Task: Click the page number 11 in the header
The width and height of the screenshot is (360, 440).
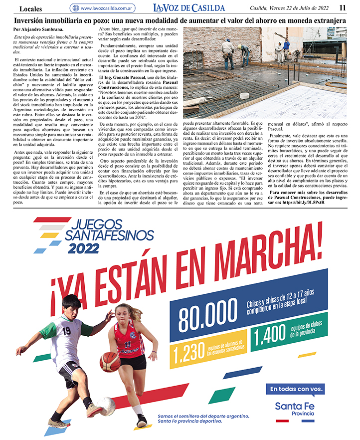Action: tap(343, 7)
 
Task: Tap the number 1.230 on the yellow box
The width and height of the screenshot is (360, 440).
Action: tap(187, 353)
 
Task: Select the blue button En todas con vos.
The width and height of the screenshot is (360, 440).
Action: tap(297, 389)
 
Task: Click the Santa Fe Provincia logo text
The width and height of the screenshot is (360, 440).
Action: tap(295, 409)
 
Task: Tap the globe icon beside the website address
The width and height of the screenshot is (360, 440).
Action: tap(75, 8)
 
